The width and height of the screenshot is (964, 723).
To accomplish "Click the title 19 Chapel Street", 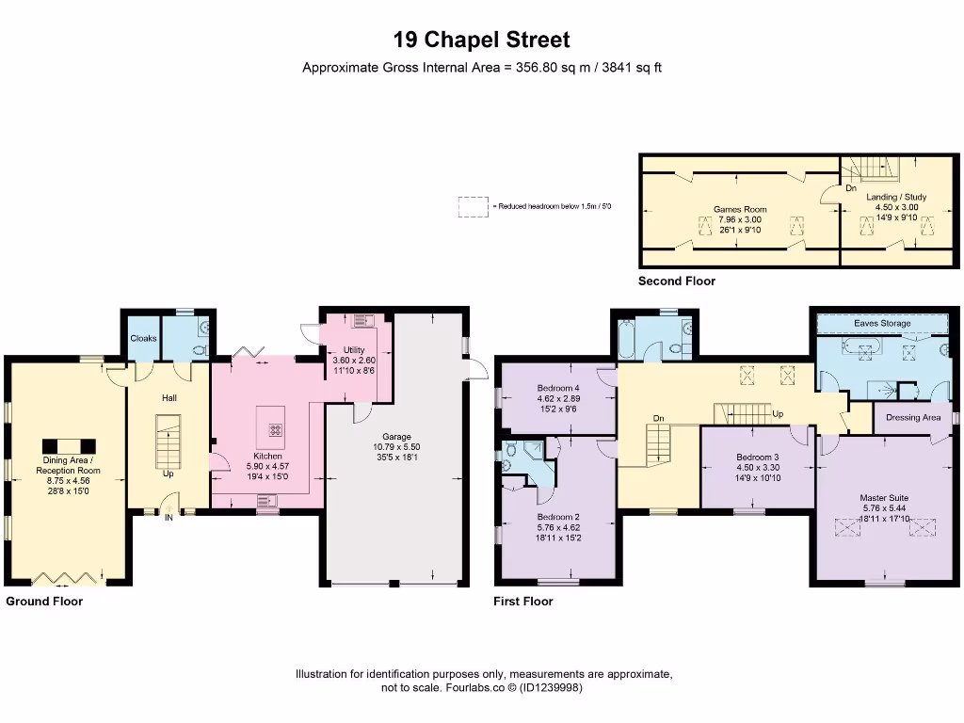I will pyautogui.click(x=481, y=40).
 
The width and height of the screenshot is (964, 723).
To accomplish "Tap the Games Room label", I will pyautogui.click(x=740, y=209).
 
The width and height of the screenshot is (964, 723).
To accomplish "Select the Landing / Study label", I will pyautogui.click(x=896, y=197).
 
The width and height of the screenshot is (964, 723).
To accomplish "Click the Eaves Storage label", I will pyautogui.click(x=882, y=323).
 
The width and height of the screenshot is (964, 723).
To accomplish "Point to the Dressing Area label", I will pyautogui.click(x=913, y=417).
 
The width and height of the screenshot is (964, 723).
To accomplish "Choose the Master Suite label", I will pyautogui.click(x=884, y=497).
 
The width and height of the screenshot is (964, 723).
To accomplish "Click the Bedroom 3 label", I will pyautogui.click(x=757, y=458).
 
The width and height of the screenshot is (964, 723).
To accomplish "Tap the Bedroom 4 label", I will pyautogui.click(x=558, y=388).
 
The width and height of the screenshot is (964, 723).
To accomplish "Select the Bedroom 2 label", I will pyautogui.click(x=557, y=517).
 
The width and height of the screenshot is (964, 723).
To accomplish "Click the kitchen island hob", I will pyautogui.click(x=276, y=429).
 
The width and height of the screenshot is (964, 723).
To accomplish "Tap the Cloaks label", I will pyautogui.click(x=143, y=338).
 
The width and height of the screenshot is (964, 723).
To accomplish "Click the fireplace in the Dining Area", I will pyautogui.click(x=68, y=445).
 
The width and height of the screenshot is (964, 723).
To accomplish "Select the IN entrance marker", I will pyautogui.click(x=169, y=518).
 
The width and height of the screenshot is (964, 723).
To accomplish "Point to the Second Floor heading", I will pyautogui.click(x=676, y=281).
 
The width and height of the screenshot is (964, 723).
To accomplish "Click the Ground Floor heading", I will pyautogui.click(x=44, y=601).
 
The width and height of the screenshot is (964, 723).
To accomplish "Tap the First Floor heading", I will pyautogui.click(x=522, y=601).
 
